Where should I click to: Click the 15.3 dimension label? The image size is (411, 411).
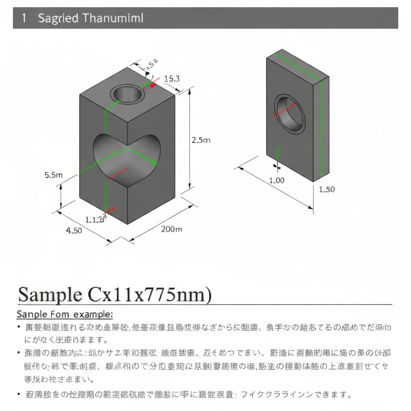point(172,79)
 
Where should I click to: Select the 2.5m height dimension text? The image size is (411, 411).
point(201,140)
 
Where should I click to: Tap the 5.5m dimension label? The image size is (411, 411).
point(53,175)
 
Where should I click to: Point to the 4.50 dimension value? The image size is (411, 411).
point(74,230)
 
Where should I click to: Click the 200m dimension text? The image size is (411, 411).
point(171,229)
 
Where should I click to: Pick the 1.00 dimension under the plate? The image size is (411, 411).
point(276,180)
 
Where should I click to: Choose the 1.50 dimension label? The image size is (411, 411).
point(327,189)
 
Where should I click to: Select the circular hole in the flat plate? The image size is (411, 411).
point(289,114)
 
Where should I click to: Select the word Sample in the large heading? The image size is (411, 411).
point(49,294)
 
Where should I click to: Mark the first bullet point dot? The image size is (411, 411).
point(19,327)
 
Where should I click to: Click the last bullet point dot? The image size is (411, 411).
point(19,395)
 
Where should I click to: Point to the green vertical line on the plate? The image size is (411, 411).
point(321,128)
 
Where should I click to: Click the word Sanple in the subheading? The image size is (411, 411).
point(32,314)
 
